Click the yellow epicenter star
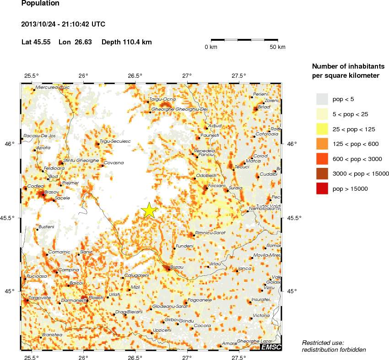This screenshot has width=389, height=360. tap(149, 210)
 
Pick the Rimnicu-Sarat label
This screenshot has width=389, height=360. tap(210, 233)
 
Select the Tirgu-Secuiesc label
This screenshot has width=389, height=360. tap(115, 141)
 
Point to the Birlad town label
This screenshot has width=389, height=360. tap(264, 107)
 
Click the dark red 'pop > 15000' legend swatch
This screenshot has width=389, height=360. tap(322, 188)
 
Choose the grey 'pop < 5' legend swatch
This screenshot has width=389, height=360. tap(322, 99)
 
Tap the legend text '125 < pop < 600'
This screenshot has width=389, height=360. tap(355, 144)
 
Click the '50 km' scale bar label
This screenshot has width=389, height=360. tap(277, 47)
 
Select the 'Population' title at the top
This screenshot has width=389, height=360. tap(40, 4)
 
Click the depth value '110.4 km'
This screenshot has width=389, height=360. tap(135, 42)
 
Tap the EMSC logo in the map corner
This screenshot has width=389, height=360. tap(270, 348)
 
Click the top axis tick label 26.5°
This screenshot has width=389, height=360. tap(135, 75)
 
